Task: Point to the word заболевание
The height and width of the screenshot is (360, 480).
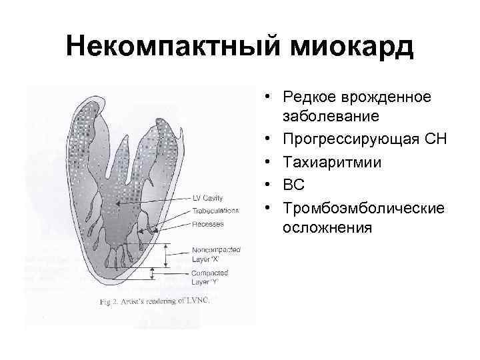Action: coord(331,117)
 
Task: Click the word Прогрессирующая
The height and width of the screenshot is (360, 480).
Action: coord(351,139)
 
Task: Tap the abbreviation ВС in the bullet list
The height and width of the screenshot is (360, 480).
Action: coord(294,185)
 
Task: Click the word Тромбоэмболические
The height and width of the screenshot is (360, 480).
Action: coord(363,207)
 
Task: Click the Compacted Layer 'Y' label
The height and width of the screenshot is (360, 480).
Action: coord(209,277)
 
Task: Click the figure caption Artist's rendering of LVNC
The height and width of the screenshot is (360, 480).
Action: coord(155,301)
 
